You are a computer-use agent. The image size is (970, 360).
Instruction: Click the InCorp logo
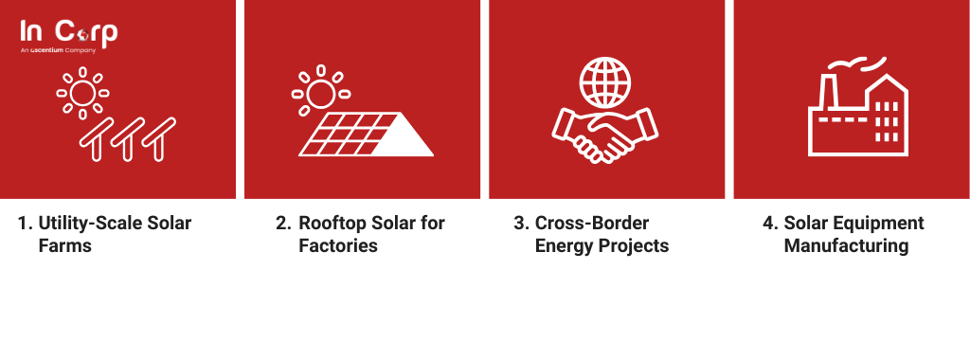[x=68, y=36]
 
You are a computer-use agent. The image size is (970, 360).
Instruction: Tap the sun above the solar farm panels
[x=83, y=94]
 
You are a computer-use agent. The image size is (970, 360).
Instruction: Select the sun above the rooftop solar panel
[x=321, y=90]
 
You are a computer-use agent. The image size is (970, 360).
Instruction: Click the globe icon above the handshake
[x=605, y=83]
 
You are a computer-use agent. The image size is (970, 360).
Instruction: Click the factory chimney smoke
[x=856, y=64]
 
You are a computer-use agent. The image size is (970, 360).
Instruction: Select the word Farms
[x=65, y=245]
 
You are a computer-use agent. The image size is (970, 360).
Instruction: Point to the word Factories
[x=338, y=245]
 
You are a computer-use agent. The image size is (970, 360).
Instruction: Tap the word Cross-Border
[x=592, y=223]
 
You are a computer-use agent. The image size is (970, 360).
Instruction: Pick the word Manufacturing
[x=846, y=246]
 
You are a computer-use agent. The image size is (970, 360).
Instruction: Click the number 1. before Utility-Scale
[x=25, y=223]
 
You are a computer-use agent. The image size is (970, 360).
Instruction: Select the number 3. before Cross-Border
[x=522, y=223]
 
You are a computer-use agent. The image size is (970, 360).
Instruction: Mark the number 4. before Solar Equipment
[x=771, y=223]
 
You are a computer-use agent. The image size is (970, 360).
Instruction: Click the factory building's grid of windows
[x=887, y=122]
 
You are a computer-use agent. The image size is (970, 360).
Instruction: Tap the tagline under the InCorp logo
[x=58, y=50]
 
